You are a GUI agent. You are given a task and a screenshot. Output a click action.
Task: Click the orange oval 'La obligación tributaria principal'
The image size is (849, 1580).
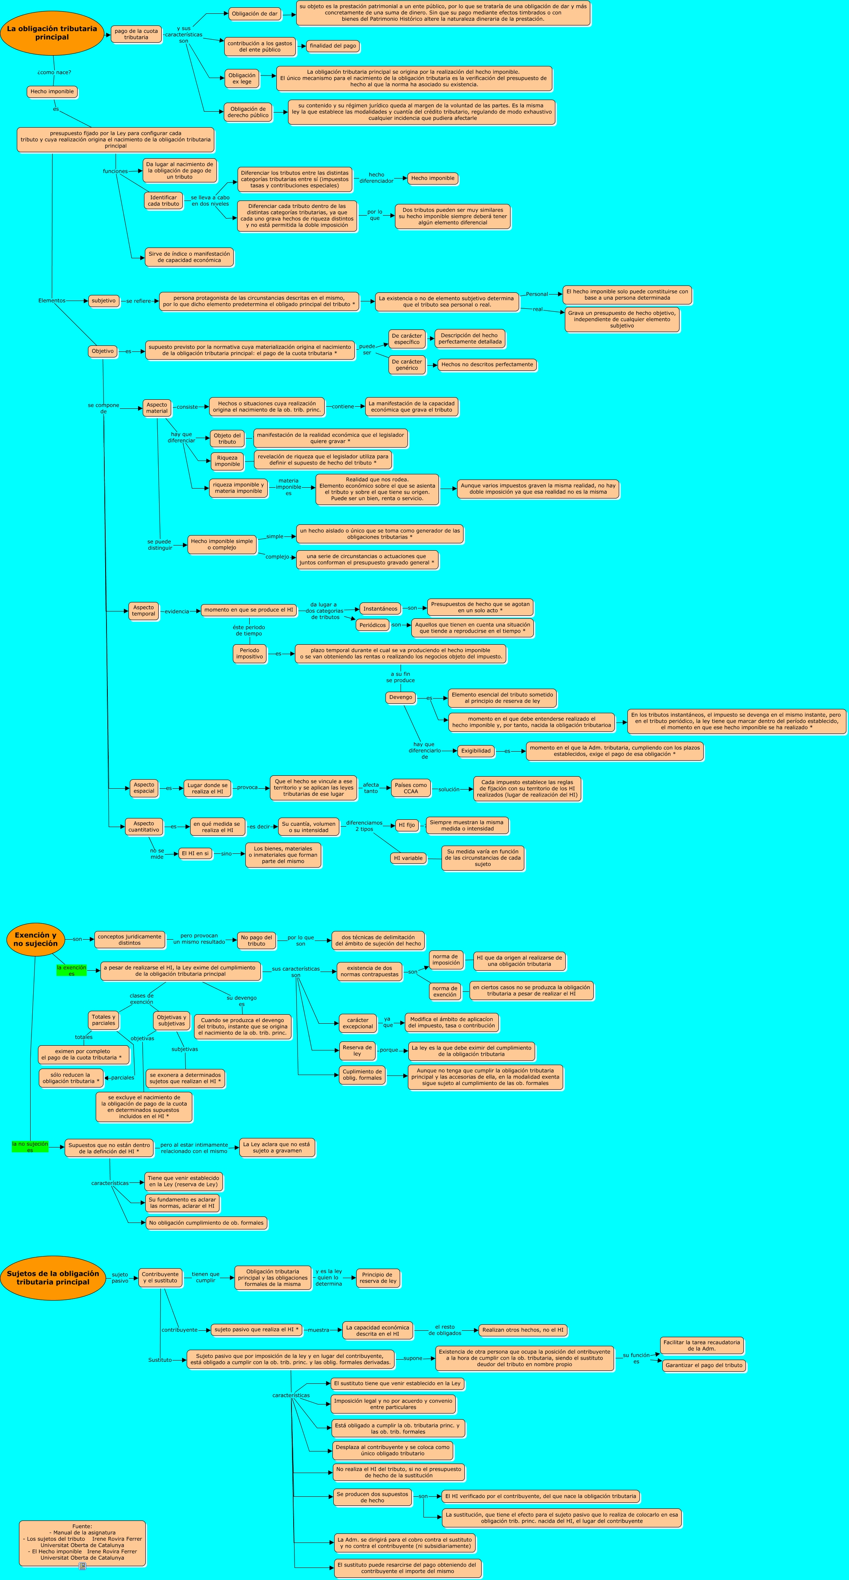tap(52, 33)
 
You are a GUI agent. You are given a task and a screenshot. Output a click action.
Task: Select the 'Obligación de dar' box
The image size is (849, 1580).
tap(254, 13)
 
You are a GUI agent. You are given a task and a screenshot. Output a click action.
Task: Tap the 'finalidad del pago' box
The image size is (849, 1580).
tap(332, 46)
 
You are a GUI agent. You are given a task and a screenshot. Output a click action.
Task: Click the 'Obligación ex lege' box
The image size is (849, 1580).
tap(242, 78)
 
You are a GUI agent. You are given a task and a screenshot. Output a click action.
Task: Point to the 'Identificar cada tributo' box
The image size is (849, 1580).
tap(163, 201)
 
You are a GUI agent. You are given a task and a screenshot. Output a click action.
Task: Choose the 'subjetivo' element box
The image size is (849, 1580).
tap(103, 301)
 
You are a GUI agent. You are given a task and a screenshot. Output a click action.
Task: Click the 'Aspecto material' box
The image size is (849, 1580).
tap(157, 408)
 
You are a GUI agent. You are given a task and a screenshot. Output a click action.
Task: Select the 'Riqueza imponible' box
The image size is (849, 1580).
tap(227, 461)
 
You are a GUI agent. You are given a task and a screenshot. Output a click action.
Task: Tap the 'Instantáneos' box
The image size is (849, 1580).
tap(380, 608)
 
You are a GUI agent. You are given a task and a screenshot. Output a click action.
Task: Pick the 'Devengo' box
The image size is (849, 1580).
tap(401, 697)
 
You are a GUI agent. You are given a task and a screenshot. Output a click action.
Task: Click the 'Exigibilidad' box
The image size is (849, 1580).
tap(476, 751)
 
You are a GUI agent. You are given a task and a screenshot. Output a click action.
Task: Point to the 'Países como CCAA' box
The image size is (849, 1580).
tap(410, 788)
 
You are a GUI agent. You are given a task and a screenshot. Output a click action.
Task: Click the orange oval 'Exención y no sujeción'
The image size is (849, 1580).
tap(36, 939)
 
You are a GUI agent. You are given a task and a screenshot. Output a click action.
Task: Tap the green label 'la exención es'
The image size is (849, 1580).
tap(71, 970)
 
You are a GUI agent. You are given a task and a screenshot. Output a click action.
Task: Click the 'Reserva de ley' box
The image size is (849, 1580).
tap(357, 1051)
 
